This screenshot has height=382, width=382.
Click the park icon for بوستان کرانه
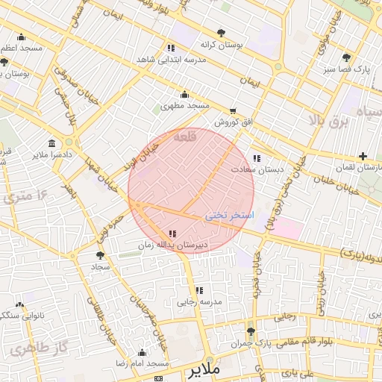[x=222, y=32]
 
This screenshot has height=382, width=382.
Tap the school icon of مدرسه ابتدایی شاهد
[x=172, y=48]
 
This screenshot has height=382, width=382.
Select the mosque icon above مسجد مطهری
[x=184, y=94]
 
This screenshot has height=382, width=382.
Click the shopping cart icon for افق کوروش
[x=234, y=110]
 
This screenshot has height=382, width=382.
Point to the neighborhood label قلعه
[x=185, y=137]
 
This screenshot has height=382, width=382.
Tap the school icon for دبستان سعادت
[x=257, y=158]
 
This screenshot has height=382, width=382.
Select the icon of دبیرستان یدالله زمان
[x=173, y=234]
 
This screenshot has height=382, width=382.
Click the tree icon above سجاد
[x=101, y=255]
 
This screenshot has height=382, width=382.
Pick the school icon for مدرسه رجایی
[x=198, y=290]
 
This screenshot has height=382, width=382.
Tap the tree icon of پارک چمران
[x=251, y=331]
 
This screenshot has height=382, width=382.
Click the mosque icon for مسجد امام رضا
[x=142, y=352]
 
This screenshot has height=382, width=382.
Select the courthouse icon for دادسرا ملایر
[x=51, y=143]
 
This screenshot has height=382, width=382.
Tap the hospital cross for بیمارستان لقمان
[x=363, y=157]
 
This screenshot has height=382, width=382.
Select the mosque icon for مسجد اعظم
[x=20, y=37]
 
